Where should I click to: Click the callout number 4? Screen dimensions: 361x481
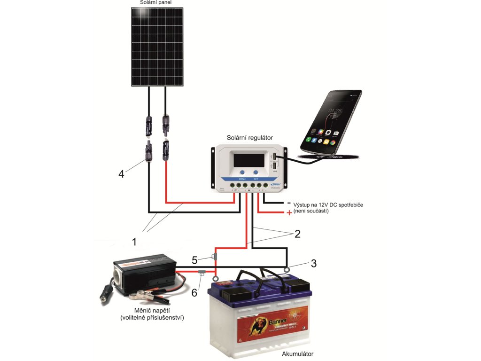click(x=121, y=174)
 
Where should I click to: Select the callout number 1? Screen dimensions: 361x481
click(x=134, y=242)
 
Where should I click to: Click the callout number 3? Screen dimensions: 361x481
click(x=313, y=263)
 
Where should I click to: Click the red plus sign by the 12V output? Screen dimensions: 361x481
click(x=289, y=213)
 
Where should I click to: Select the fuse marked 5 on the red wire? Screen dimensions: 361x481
click(x=215, y=257)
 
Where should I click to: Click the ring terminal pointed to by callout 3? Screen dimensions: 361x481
click(x=287, y=270)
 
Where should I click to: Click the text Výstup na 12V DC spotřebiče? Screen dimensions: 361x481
click(x=328, y=205)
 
